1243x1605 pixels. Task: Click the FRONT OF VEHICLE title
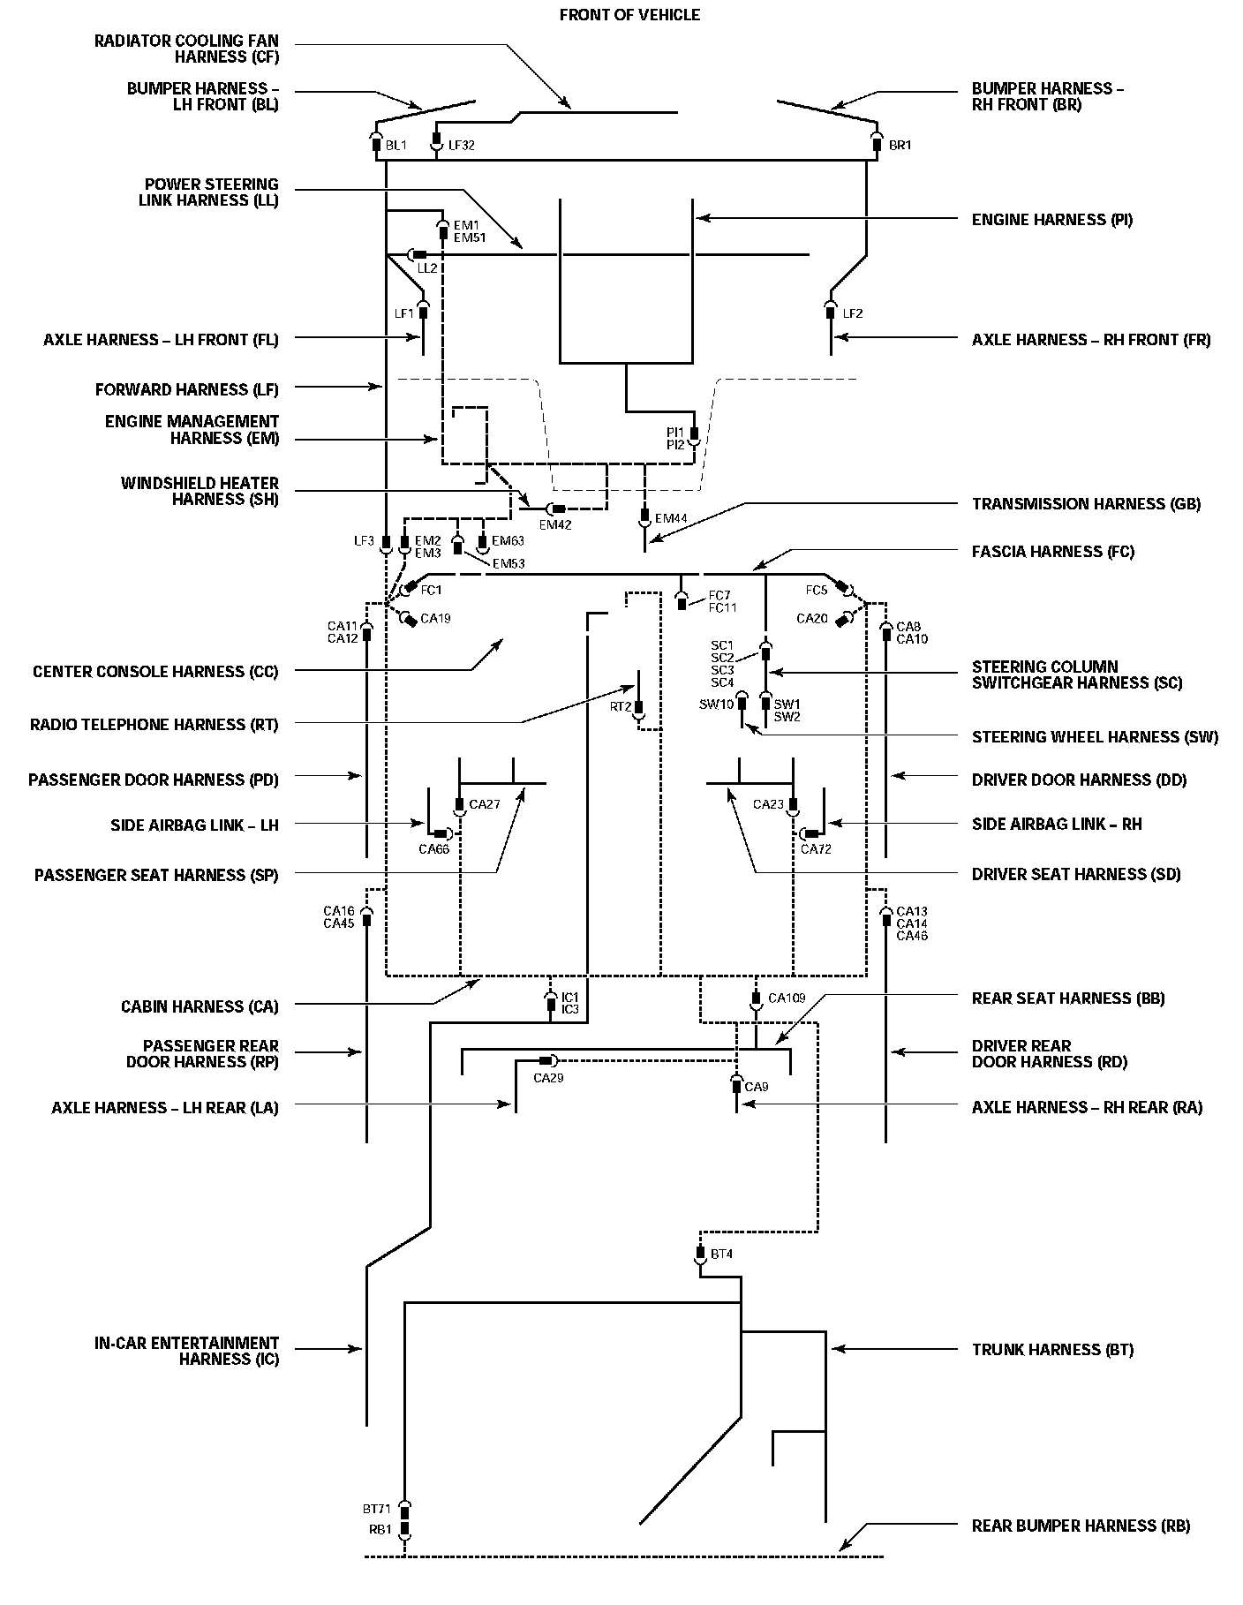pos(629,15)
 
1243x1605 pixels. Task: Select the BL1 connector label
pos(395,145)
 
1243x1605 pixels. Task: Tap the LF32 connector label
pos(461,145)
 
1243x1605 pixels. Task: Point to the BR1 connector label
pos(900,145)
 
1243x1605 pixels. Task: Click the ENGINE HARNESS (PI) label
pos(1051,219)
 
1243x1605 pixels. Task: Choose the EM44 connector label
pos(671,518)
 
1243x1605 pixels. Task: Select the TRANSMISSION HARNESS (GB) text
pos(1086,503)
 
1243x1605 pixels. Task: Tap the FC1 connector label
pos(431,589)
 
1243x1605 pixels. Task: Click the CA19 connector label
pos(435,618)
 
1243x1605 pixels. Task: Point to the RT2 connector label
pos(621,706)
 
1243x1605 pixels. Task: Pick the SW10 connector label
pos(716,704)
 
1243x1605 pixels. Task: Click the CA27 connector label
pos(485,804)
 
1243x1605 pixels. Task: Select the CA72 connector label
pos(816,849)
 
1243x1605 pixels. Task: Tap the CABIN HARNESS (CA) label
pos(200,1006)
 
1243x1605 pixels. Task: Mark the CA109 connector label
pos(787,998)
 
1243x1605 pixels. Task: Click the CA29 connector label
pos(548,1077)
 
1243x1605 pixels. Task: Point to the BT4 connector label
pos(721,1254)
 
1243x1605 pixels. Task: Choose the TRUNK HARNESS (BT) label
pos(1052,1349)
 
